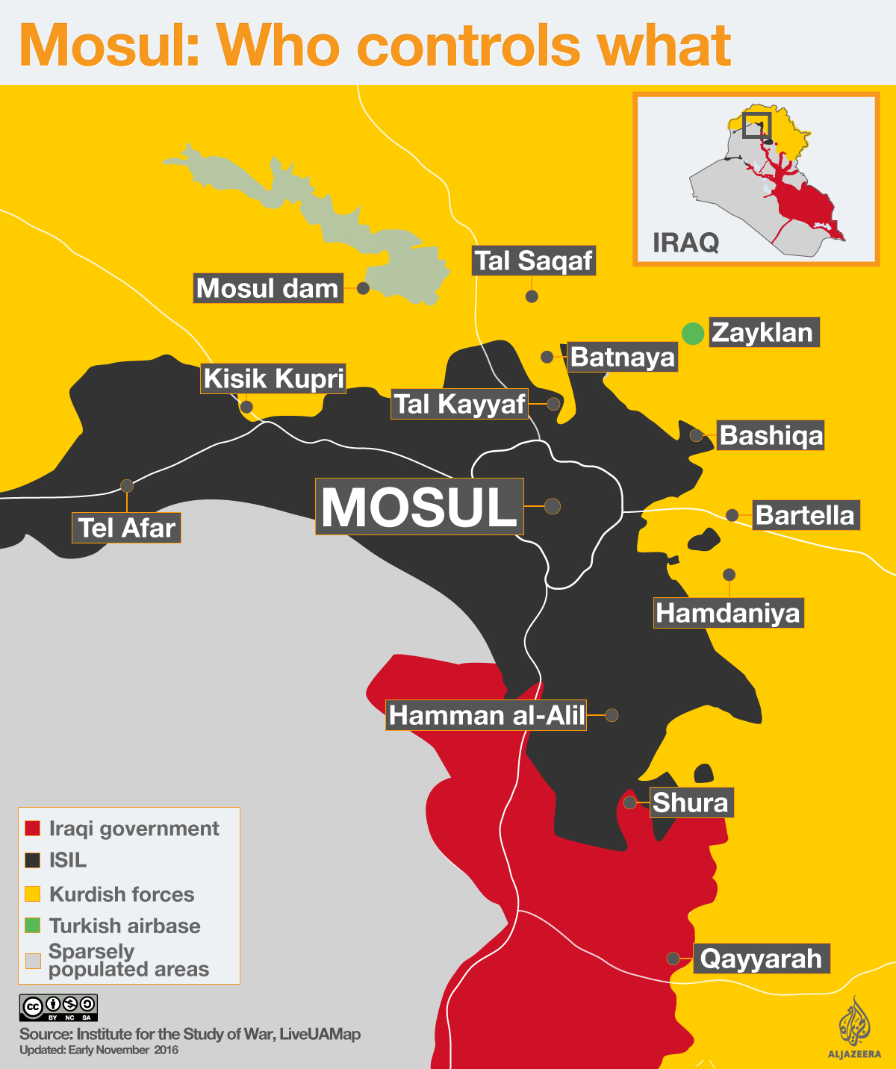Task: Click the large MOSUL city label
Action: [x=419, y=507]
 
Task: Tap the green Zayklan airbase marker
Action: [x=693, y=333]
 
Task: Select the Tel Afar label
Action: [x=126, y=528]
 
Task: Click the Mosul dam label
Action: [x=268, y=288]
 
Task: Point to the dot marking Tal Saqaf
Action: [x=532, y=296]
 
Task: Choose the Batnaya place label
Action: [x=622, y=357]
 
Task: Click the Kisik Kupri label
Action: [x=273, y=378]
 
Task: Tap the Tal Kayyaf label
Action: [x=459, y=404]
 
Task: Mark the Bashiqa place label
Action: [x=771, y=435]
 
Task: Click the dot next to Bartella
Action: [x=732, y=515]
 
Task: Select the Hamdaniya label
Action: [x=728, y=613]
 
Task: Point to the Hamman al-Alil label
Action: [x=486, y=715]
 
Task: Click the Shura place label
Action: [x=691, y=802]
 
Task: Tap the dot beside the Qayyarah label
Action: [x=673, y=959]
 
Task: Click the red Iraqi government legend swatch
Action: [x=32, y=829]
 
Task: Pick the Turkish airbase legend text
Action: [x=125, y=926]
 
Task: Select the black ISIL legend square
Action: [x=32, y=860]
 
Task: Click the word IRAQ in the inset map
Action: [x=685, y=243]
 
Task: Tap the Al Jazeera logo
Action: [x=853, y=1026]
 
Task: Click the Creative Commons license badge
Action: [x=58, y=1008]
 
